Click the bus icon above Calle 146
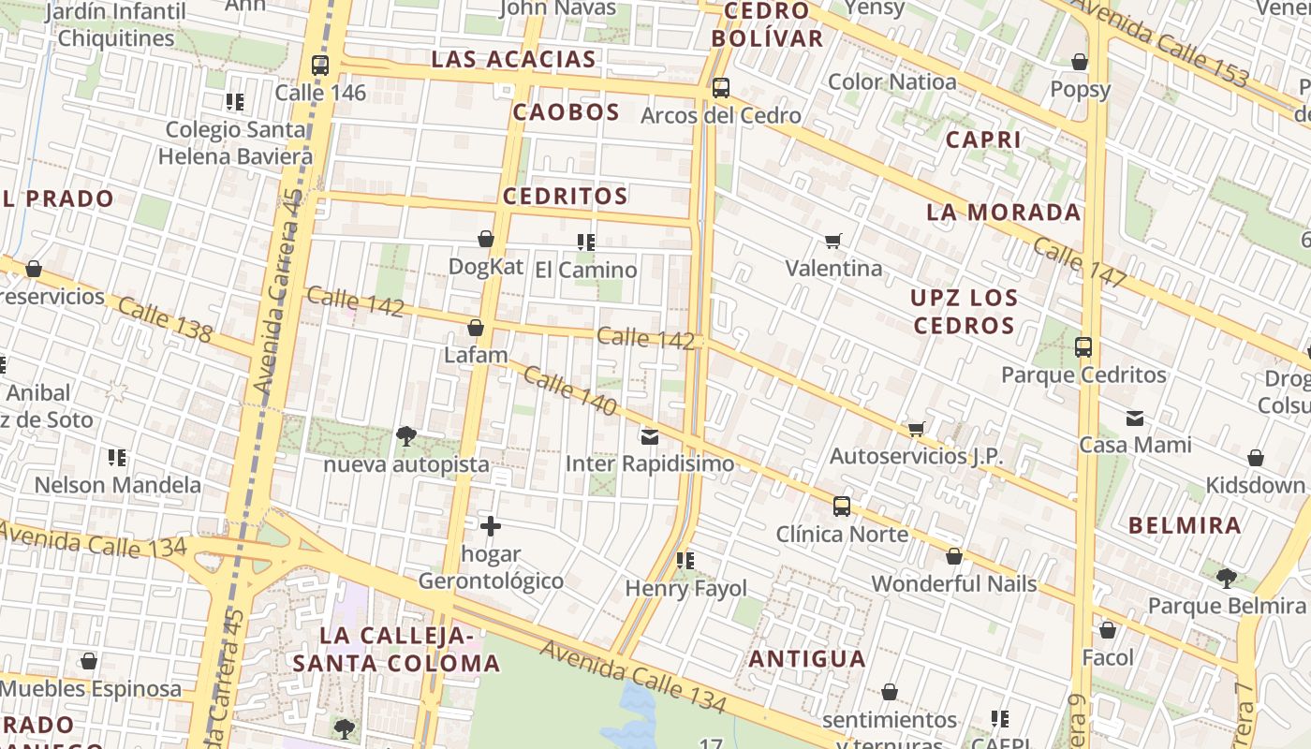320,66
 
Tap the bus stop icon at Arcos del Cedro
720,88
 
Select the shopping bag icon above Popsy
1080,62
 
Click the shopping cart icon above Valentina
833,241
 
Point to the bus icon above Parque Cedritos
1083,347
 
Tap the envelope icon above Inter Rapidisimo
650,436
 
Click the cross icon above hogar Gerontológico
490,526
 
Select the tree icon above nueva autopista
406,435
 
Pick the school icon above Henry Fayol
685,561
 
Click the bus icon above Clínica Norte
842,507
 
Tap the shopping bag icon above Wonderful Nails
954,556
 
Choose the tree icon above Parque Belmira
1226,578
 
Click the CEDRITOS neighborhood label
565,197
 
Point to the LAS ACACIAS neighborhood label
513,59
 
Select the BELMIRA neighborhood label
1185,525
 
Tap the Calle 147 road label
1079,263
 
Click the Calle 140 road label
569,390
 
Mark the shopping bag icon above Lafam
476,328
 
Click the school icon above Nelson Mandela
117,458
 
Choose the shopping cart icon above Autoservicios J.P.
916,429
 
